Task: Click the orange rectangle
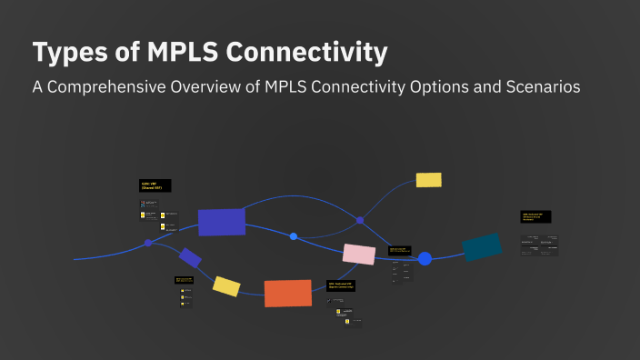[288, 293]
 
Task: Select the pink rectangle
[359, 255]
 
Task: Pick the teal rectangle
[482, 246]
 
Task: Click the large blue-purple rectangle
[222, 222]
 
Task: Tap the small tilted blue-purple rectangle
[190, 258]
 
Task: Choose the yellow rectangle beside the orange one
[226, 286]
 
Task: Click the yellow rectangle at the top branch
[428, 180]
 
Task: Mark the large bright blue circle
[425, 259]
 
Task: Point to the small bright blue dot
[294, 236]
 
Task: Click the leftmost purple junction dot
[148, 243]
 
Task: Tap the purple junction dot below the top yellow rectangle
[360, 220]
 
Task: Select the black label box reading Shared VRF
[155, 185]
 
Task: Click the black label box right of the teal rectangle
[536, 217]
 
